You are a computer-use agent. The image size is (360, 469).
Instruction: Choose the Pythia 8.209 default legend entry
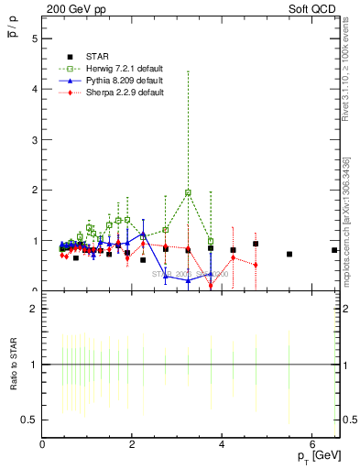click(x=111, y=81)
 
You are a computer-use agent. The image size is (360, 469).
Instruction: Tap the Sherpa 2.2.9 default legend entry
click(x=111, y=93)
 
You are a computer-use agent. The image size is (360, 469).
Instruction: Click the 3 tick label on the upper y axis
click(x=34, y=140)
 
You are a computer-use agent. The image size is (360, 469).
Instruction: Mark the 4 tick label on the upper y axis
click(x=34, y=90)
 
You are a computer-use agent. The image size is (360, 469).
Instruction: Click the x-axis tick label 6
click(x=311, y=445)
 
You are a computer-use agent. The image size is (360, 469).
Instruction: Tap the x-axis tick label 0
click(x=42, y=445)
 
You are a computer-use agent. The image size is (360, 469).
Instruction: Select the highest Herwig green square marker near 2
click(x=188, y=193)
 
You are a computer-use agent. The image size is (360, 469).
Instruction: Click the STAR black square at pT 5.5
click(x=289, y=254)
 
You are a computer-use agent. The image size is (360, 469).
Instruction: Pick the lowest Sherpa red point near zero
click(x=211, y=286)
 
